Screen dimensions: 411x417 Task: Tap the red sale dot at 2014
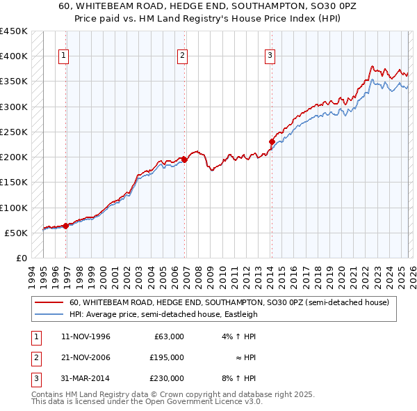(271, 142)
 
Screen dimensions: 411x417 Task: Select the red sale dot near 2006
(184, 160)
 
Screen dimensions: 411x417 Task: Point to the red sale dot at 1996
(65, 226)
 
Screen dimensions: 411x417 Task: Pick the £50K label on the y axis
(17, 233)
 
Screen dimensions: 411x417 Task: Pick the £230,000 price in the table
(167, 378)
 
